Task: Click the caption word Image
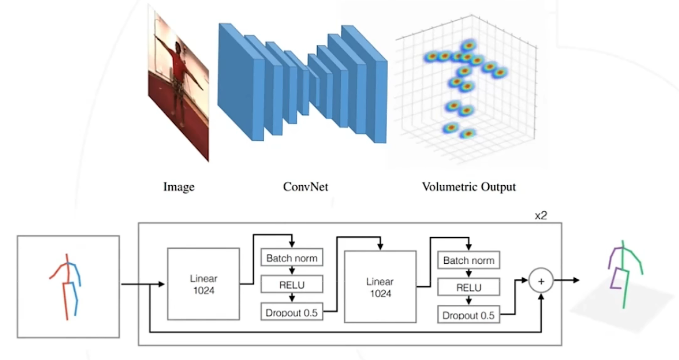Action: [179, 187]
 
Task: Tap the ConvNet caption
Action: [305, 187]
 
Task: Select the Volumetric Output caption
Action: [468, 187]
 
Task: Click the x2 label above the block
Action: [541, 216]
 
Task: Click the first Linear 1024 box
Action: [204, 284]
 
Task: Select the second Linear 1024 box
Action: [380, 287]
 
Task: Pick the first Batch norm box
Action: [292, 258]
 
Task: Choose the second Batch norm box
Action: [468, 261]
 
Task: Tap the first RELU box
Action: [292, 285]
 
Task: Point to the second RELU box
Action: [468, 288]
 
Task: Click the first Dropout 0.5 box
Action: [292, 312]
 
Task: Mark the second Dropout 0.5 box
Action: [468, 315]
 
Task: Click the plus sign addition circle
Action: [541, 281]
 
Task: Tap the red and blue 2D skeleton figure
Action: [67, 286]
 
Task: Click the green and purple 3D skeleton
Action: [624, 273]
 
